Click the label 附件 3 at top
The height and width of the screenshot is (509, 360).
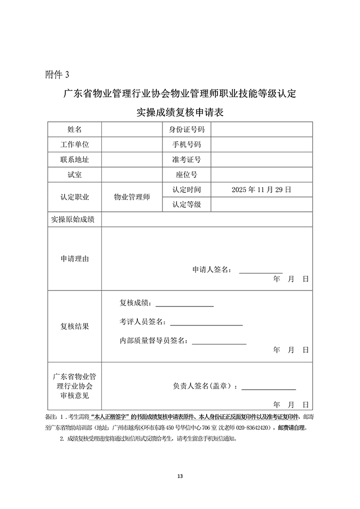57,75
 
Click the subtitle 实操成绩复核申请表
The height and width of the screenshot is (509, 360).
179,112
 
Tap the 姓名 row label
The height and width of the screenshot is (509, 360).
75,130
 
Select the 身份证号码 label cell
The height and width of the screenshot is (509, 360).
187,130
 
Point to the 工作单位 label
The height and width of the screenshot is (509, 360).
75,144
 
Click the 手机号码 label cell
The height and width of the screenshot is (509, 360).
187,144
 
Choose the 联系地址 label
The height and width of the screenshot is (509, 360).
75,160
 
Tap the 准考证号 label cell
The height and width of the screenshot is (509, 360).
187,160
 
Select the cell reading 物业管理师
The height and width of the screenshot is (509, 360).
132,197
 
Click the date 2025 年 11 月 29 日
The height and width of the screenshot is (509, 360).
261,190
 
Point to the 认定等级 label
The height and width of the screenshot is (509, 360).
187,205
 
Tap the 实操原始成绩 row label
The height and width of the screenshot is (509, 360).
73,220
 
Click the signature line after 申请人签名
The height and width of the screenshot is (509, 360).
261,271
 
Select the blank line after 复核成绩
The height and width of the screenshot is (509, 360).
188,305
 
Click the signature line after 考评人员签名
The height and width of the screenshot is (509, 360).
206,324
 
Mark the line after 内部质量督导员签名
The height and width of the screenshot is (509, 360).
219,343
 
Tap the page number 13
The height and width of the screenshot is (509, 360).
179,475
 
